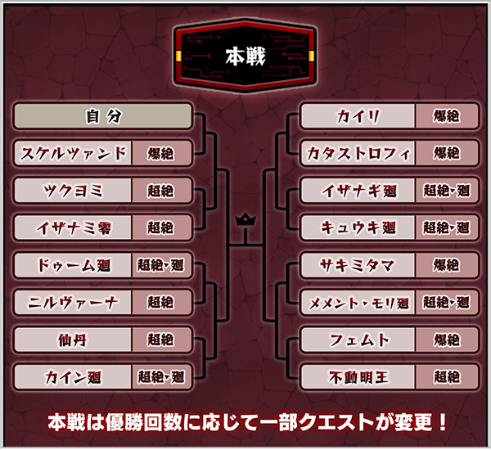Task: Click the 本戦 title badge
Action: click(x=245, y=56)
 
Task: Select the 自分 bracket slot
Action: click(x=103, y=116)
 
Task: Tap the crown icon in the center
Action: click(x=245, y=220)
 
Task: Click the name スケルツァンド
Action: click(x=73, y=153)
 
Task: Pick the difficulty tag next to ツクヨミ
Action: click(x=161, y=191)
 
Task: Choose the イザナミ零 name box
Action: click(x=73, y=227)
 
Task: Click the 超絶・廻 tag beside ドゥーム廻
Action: click(x=161, y=265)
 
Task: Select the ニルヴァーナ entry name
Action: click(x=73, y=302)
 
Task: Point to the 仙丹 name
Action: click(x=73, y=340)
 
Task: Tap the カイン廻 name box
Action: click(x=73, y=377)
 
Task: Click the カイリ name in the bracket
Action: click(x=358, y=116)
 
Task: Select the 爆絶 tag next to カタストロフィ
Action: click(x=447, y=153)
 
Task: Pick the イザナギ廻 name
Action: click(x=359, y=191)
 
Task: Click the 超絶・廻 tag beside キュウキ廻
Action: click(x=447, y=227)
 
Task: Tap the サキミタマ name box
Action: click(x=358, y=265)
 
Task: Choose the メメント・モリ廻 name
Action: click(x=359, y=303)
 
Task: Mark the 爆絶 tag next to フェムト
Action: click(x=447, y=340)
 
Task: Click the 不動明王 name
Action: click(x=358, y=377)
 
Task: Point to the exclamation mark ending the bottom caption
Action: click(x=442, y=422)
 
